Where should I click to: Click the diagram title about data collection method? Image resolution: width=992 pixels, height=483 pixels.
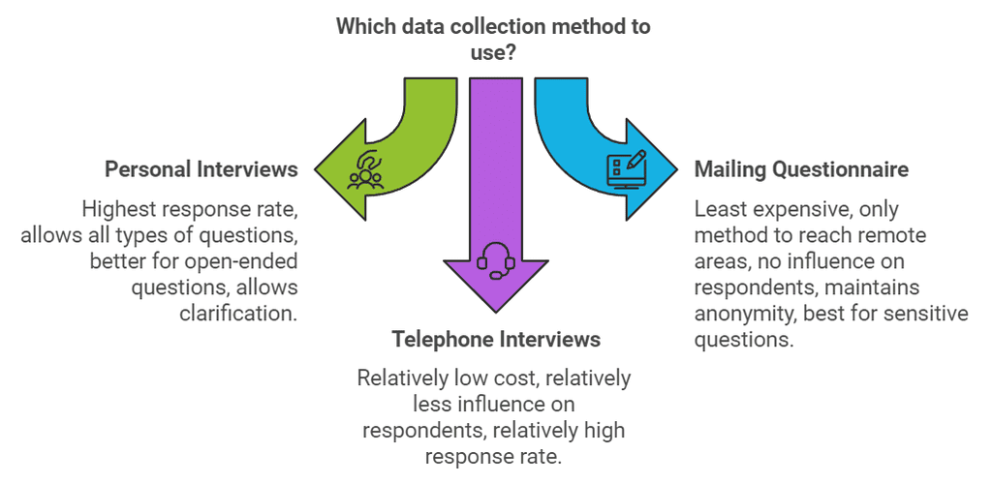(x=493, y=39)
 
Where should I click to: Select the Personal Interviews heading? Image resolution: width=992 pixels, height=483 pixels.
(x=201, y=169)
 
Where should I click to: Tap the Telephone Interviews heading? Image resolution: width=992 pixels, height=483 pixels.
(x=496, y=339)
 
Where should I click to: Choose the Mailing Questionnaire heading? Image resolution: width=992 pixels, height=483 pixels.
(x=801, y=169)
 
